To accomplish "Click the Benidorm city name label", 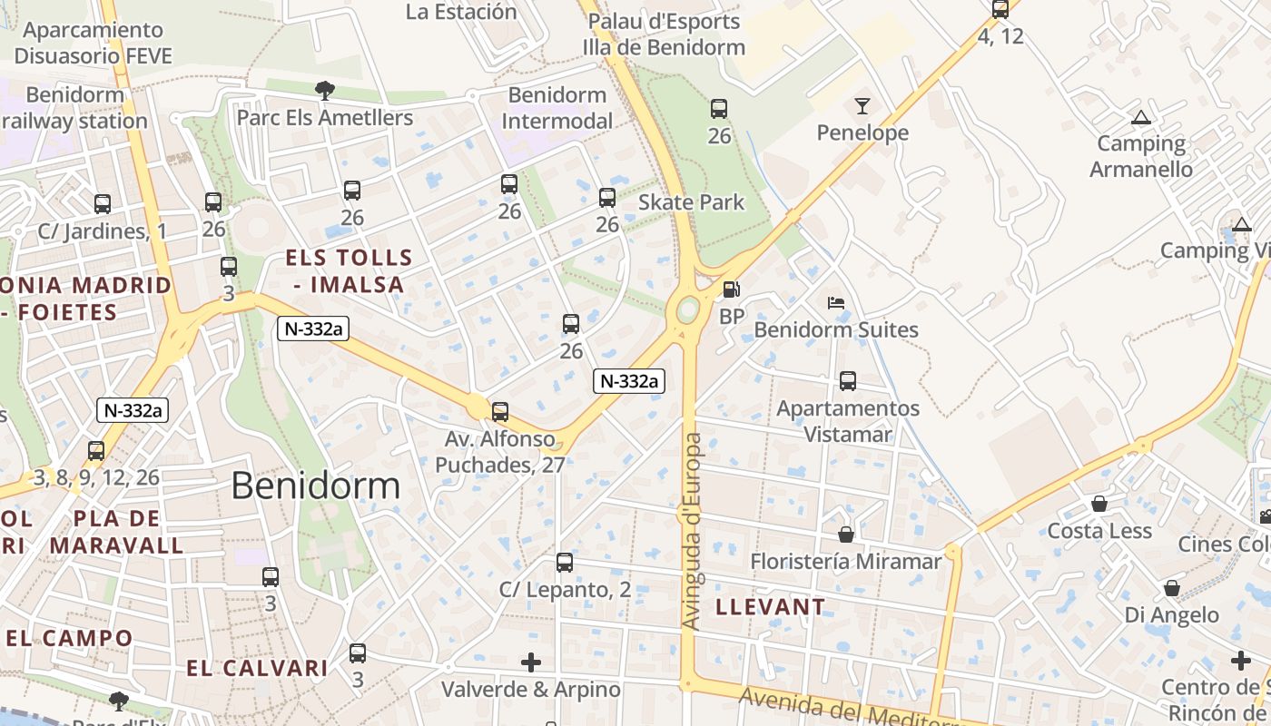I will tap(315, 486).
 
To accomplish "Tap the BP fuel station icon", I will tap(731, 290).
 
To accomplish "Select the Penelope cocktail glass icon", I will tap(862, 106).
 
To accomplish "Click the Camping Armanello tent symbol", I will tap(1141, 117).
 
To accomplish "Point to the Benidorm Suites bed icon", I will tap(836, 303).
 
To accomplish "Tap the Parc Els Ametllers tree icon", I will tap(324, 89).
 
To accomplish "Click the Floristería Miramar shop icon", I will tap(846, 535).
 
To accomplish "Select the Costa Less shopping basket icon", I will tap(1099, 504).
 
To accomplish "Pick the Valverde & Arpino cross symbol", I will tap(531, 662).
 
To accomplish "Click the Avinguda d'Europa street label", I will tap(692, 532).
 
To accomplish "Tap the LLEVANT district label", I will tap(771, 606).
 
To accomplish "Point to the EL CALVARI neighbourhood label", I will tap(257, 669).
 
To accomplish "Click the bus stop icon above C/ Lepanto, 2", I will tap(565, 563).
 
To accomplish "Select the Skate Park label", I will tap(691, 202).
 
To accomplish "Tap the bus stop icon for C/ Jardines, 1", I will tap(103, 204).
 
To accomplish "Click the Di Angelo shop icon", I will tap(1172, 588).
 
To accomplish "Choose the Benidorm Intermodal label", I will tap(557, 108).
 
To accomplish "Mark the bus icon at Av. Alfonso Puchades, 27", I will tap(499, 412).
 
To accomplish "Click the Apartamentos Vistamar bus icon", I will tap(848, 381).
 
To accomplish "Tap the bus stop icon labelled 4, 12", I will tap(1000, 10).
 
